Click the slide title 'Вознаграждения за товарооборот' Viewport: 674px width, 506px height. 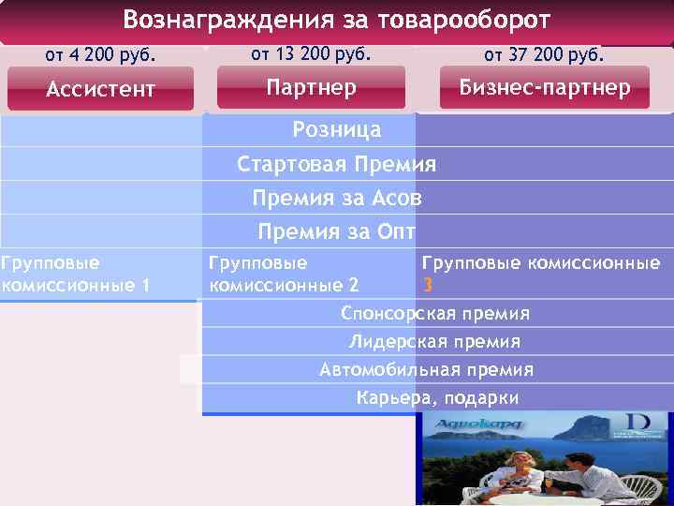tap(337, 20)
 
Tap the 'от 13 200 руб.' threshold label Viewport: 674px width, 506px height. tap(312, 53)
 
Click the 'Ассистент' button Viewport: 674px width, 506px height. tap(101, 90)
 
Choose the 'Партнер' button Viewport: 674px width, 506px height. tap(312, 88)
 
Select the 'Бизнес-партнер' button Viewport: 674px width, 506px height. tap(544, 88)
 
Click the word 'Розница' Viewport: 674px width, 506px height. tap(337, 129)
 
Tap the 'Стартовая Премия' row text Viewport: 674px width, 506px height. tap(337, 165)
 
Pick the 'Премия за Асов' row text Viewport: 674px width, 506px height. tap(337, 199)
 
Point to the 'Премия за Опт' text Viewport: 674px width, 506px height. tap(337, 231)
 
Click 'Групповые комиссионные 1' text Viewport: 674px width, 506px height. tap(75, 275)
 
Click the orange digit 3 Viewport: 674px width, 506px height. tap(428, 285)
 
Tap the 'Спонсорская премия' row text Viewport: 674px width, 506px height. tap(435, 313)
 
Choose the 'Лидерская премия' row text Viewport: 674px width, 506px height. tap(435, 341)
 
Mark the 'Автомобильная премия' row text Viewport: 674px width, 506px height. tap(427, 369)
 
